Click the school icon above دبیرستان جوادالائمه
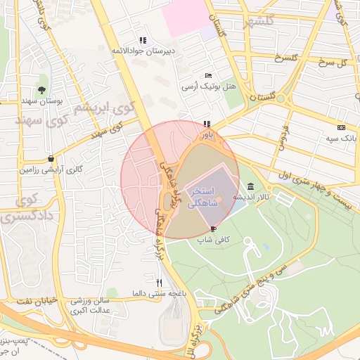tap(143, 40)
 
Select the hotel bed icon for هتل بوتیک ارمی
tap(207, 75)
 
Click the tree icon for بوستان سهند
tap(42, 89)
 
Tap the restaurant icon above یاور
tap(207, 124)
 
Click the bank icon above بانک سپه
tap(341, 127)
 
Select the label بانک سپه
tap(340, 139)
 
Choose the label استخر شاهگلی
tap(202, 196)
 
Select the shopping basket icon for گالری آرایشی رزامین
tap(51, 158)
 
